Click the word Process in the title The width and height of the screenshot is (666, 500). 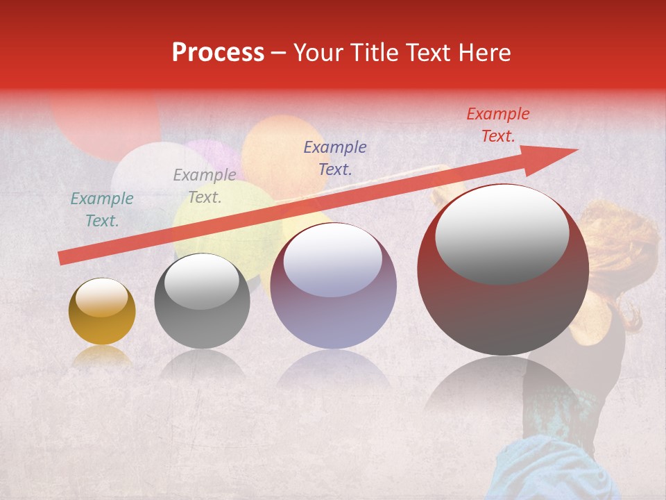pyautogui.click(x=218, y=53)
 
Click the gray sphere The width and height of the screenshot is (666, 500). pyautogui.click(x=202, y=302)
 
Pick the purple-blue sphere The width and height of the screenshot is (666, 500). pyautogui.click(x=333, y=286)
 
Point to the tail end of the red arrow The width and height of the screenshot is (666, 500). pyautogui.click(x=64, y=258)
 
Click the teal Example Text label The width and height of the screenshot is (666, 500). pyautogui.click(x=102, y=210)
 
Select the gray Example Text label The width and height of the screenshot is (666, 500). pyautogui.click(x=204, y=186)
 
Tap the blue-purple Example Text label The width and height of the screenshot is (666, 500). pyautogui.click(x=335, y=158)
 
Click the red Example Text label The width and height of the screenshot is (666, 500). pyautogui.click(x=497, y=125)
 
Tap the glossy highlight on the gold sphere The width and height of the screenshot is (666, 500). pyautogui.click(x=101, y=298)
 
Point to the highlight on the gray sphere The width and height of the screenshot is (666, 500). pyautogui.click(x=201, y=281)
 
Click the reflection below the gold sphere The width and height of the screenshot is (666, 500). pyautogui.click(x=102, y=356)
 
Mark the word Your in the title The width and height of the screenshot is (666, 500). pyautogui.click(x=319, y=53)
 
